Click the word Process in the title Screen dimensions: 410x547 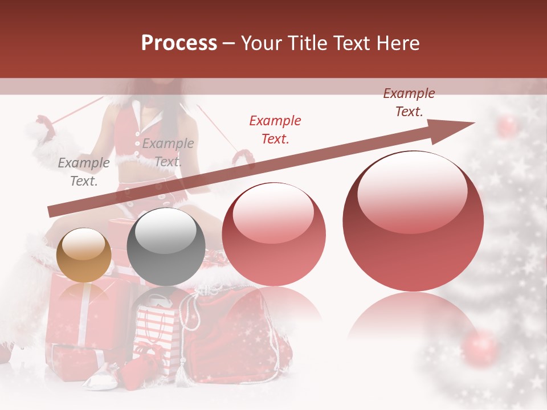(179, 43)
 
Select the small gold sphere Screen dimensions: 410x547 (84, 255)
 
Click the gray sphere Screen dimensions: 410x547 (166, 247)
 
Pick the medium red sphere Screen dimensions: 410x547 (273, 234)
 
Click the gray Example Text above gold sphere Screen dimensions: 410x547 (84, 172)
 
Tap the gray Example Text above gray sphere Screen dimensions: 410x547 (168, 153)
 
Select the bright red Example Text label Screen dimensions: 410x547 (275, 129)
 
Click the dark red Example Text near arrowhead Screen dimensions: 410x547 (409, 102)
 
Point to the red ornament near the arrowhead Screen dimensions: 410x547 (507, 126)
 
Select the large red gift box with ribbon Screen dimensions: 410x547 (85, 310)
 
